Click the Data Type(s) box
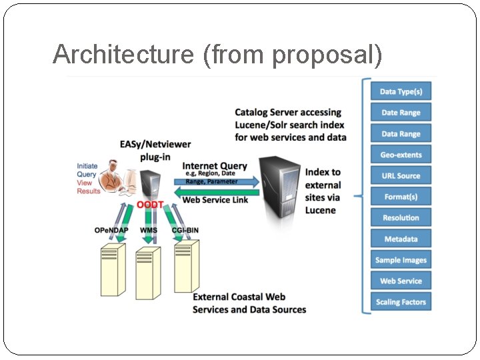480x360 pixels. pyautogui.click(x=401, y=91)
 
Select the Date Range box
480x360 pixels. pyautogui.click(x=401, y=113)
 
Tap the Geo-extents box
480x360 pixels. pyautogui.click(x=401, y=155)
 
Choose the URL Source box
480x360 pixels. pyautogui.click(x=401, y=176)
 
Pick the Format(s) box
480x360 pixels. pyautogui.click(x=401, y=197)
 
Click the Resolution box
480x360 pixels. pyautogui.click(x=401, y=218)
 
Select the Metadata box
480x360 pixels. pyautogui.click(x=401, y=239)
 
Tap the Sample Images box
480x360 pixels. pyautogui.click(x=401, y=260)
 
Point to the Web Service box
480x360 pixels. pyautogui.click(x=401, y=281)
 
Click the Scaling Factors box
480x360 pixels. pyautogui.click(x=401, y=302)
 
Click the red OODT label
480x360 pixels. pyautogui.click(x=150, y=205)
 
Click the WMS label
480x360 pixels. pyautogui.click(x=149, y=231)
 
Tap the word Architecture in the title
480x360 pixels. pyautogui.click(x=125, y=55)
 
